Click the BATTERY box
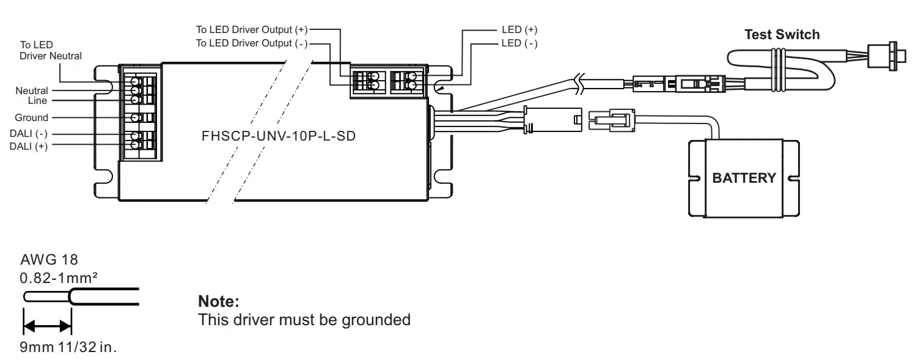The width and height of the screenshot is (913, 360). (743, 178)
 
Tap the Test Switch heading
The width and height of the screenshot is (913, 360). (782, 35)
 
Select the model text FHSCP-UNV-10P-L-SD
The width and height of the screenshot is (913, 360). (278, 136)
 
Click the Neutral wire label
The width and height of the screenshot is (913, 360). (32, 90)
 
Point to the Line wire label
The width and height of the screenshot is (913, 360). (37, 100)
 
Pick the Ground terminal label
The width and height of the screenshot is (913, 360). (31, 117)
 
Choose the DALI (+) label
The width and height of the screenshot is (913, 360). (28, 146)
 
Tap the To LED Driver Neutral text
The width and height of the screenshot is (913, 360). (50, 51)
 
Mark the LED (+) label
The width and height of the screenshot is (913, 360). (519, 29)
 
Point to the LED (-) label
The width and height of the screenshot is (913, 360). (519, 43)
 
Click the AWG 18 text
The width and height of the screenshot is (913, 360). (49, 260)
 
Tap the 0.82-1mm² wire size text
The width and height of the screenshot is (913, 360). (59, 278)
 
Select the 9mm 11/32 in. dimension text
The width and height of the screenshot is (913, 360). (68, 348)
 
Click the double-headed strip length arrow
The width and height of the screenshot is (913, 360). (47, 326)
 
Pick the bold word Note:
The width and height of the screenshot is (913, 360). (218, 301)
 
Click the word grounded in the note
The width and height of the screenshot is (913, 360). (376, 320)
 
